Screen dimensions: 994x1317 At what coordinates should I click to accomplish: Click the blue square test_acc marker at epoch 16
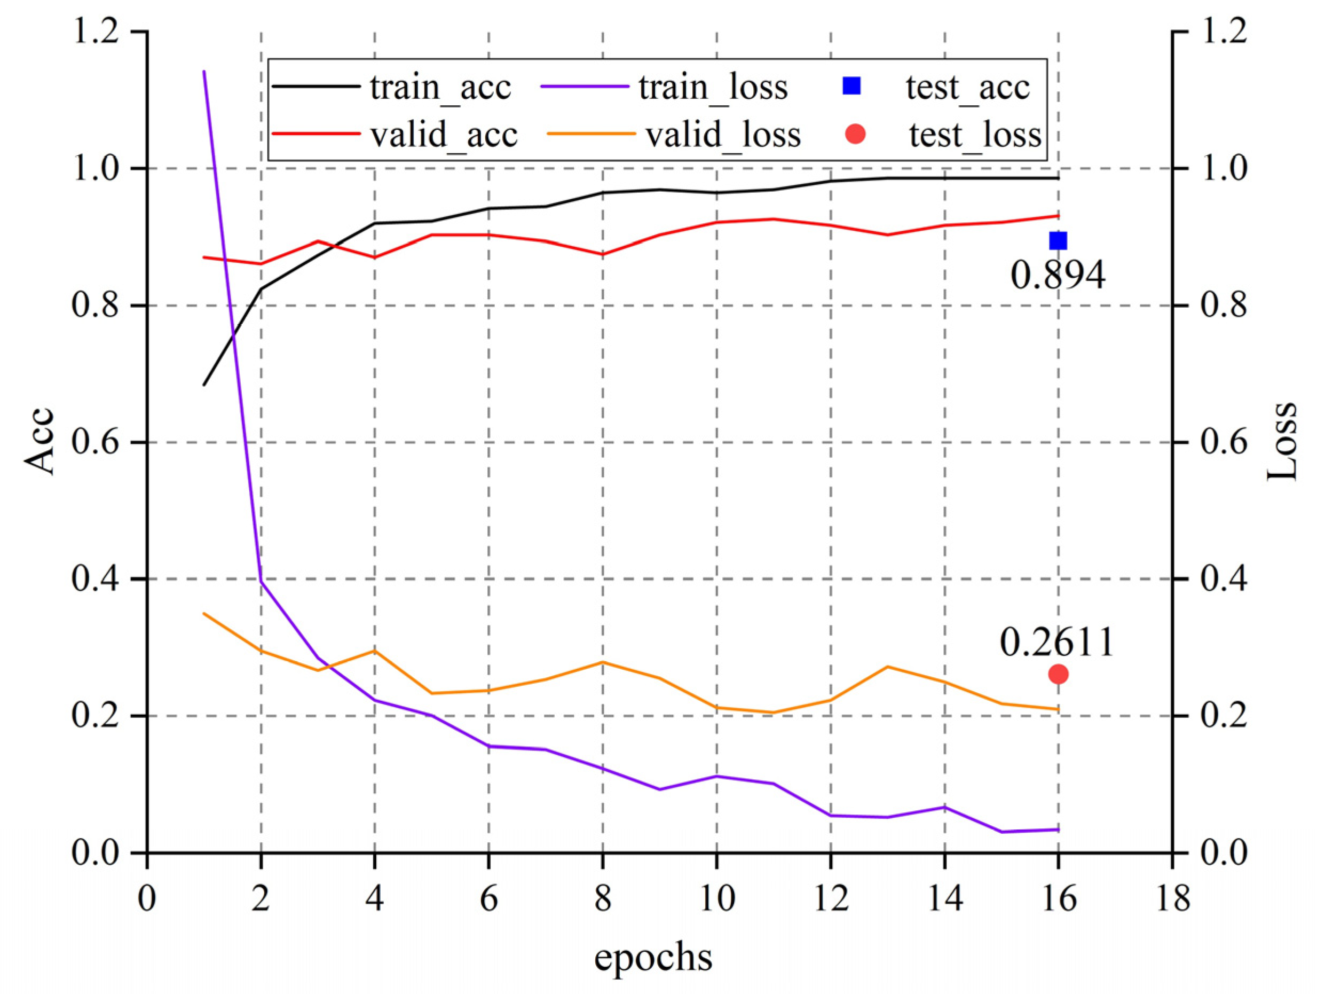coord(1058,240)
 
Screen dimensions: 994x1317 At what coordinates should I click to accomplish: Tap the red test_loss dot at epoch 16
coord(1058,674)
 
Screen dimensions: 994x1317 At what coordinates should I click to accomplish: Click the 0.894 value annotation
coord(1058,275)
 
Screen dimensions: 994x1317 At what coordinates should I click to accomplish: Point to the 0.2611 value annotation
coord(1056,642)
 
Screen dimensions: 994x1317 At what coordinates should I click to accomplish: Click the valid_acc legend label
coord(444,135)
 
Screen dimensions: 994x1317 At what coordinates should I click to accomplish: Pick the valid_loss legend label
coord(723,135)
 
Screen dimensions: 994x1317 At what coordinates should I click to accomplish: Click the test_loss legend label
coord(975,135)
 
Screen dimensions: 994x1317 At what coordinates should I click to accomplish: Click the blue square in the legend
coord(852,87)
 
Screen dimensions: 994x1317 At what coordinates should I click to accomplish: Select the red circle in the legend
coord(856,134)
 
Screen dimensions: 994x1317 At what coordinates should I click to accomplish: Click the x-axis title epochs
coord(653,958)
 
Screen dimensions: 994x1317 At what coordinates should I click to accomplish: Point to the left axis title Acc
coord(40,441)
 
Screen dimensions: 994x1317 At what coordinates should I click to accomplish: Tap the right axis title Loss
coord(1282,441)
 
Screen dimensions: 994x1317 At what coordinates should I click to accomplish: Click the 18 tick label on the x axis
coord(1172,897)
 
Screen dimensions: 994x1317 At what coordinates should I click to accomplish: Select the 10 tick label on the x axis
coord(716,897)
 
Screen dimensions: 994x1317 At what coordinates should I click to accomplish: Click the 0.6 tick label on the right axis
coord(1223,442)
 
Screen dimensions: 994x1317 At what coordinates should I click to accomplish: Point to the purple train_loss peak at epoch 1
coord(204,72)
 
